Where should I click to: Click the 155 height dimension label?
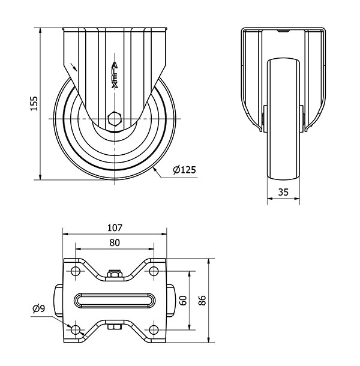(x=34, y=103)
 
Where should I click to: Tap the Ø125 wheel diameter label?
(x=184, y=170)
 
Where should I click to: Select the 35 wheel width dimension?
(x=283, y=192)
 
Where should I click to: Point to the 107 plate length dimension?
(x=115, y=227)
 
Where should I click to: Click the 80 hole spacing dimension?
(x=115, y=243)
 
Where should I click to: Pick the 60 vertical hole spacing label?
(x=183, y=301)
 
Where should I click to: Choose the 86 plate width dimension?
(x=202, y=301)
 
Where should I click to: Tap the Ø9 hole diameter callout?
(x=39, y=308)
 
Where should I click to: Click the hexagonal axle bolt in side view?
(x=115, y=119)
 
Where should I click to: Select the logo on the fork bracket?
(x=115, y=75)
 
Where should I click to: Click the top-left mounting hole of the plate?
(x=76, y=271)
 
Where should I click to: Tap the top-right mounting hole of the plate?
(x=153, y=271)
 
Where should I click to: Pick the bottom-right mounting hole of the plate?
(x=153, y=330)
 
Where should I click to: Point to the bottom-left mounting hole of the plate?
(x=76, y=330)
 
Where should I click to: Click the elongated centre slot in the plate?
(x=115, y=301)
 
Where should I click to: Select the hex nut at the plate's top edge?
(x=115, y=274)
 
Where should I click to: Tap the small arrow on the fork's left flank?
(x=74, y=67)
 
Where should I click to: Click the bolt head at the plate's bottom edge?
(x=115, y=327)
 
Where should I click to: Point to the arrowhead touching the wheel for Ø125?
(x=155, y=170)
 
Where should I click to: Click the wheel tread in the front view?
(x=283, y=119)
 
